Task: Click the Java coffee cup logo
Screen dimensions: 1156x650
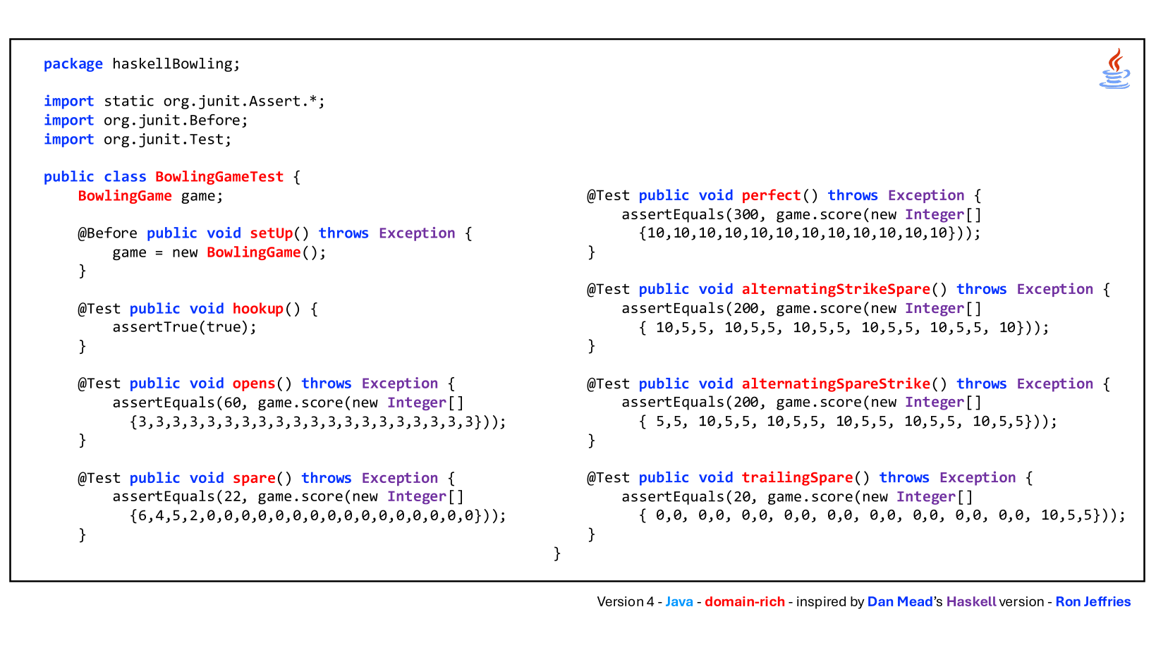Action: [x=1114, y=68]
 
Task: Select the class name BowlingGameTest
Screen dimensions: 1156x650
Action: [x=219, y=176]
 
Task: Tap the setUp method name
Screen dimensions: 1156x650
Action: [x=272, y=233]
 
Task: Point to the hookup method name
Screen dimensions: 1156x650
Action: [x=258, y=309]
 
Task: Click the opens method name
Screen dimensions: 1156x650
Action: [x=254, y=384]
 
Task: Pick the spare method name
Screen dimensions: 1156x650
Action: [x=254, y=478]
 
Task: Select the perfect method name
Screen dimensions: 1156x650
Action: [x=771, y=195]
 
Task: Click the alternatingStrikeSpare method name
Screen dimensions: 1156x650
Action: [x=836, y=290]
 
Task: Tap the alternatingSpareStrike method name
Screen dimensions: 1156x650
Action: [x=836, y=384]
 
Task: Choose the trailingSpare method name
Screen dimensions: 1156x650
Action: [x=797, y=478]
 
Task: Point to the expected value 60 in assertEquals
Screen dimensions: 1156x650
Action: [x=232, y=403]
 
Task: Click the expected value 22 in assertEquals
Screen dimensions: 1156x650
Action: [x=232, y=497]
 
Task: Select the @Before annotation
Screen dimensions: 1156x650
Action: [x=108, y=233]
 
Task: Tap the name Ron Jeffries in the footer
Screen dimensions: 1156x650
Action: [x=1093, y=601]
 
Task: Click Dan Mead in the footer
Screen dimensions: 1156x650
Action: [x=899, y=601]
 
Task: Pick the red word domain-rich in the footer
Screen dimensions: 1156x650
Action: [x=745, y=601]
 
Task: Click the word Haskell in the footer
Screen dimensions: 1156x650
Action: [x=971, y=601]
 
